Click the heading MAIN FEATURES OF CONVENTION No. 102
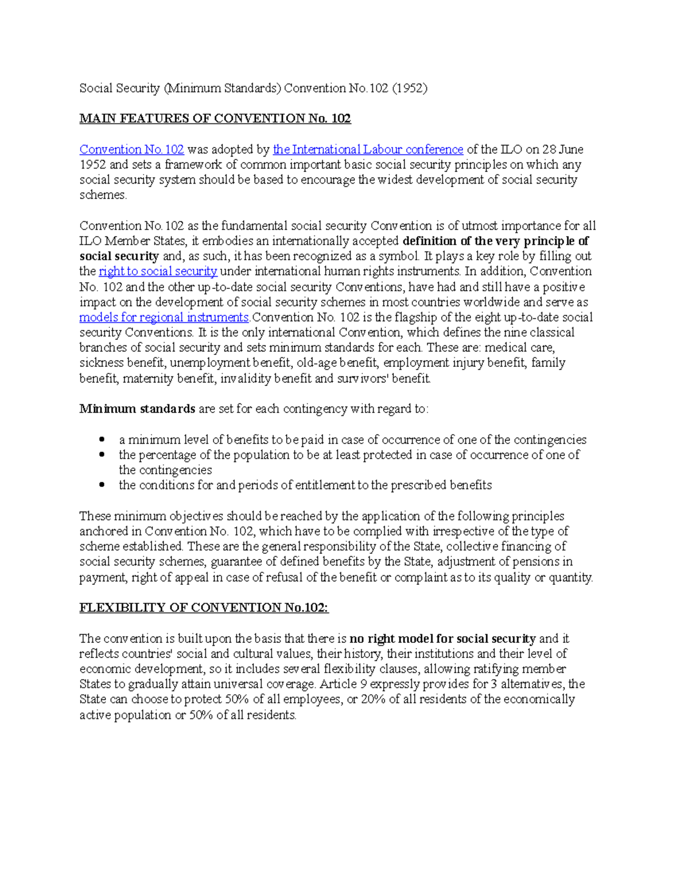tap(215, 118)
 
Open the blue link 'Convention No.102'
tap(131, 149)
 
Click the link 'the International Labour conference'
tap(368, 149)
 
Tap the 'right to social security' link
tap(158, 271)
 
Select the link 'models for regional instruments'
tap(163, 317)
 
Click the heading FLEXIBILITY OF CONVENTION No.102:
tap(203, 607)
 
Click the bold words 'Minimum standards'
tap(137, 408)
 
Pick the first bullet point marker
tap(102, 439)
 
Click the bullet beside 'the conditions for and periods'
tap(102, 485)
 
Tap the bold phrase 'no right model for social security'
tap(442, 638)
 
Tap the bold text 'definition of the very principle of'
tap(496, 241)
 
